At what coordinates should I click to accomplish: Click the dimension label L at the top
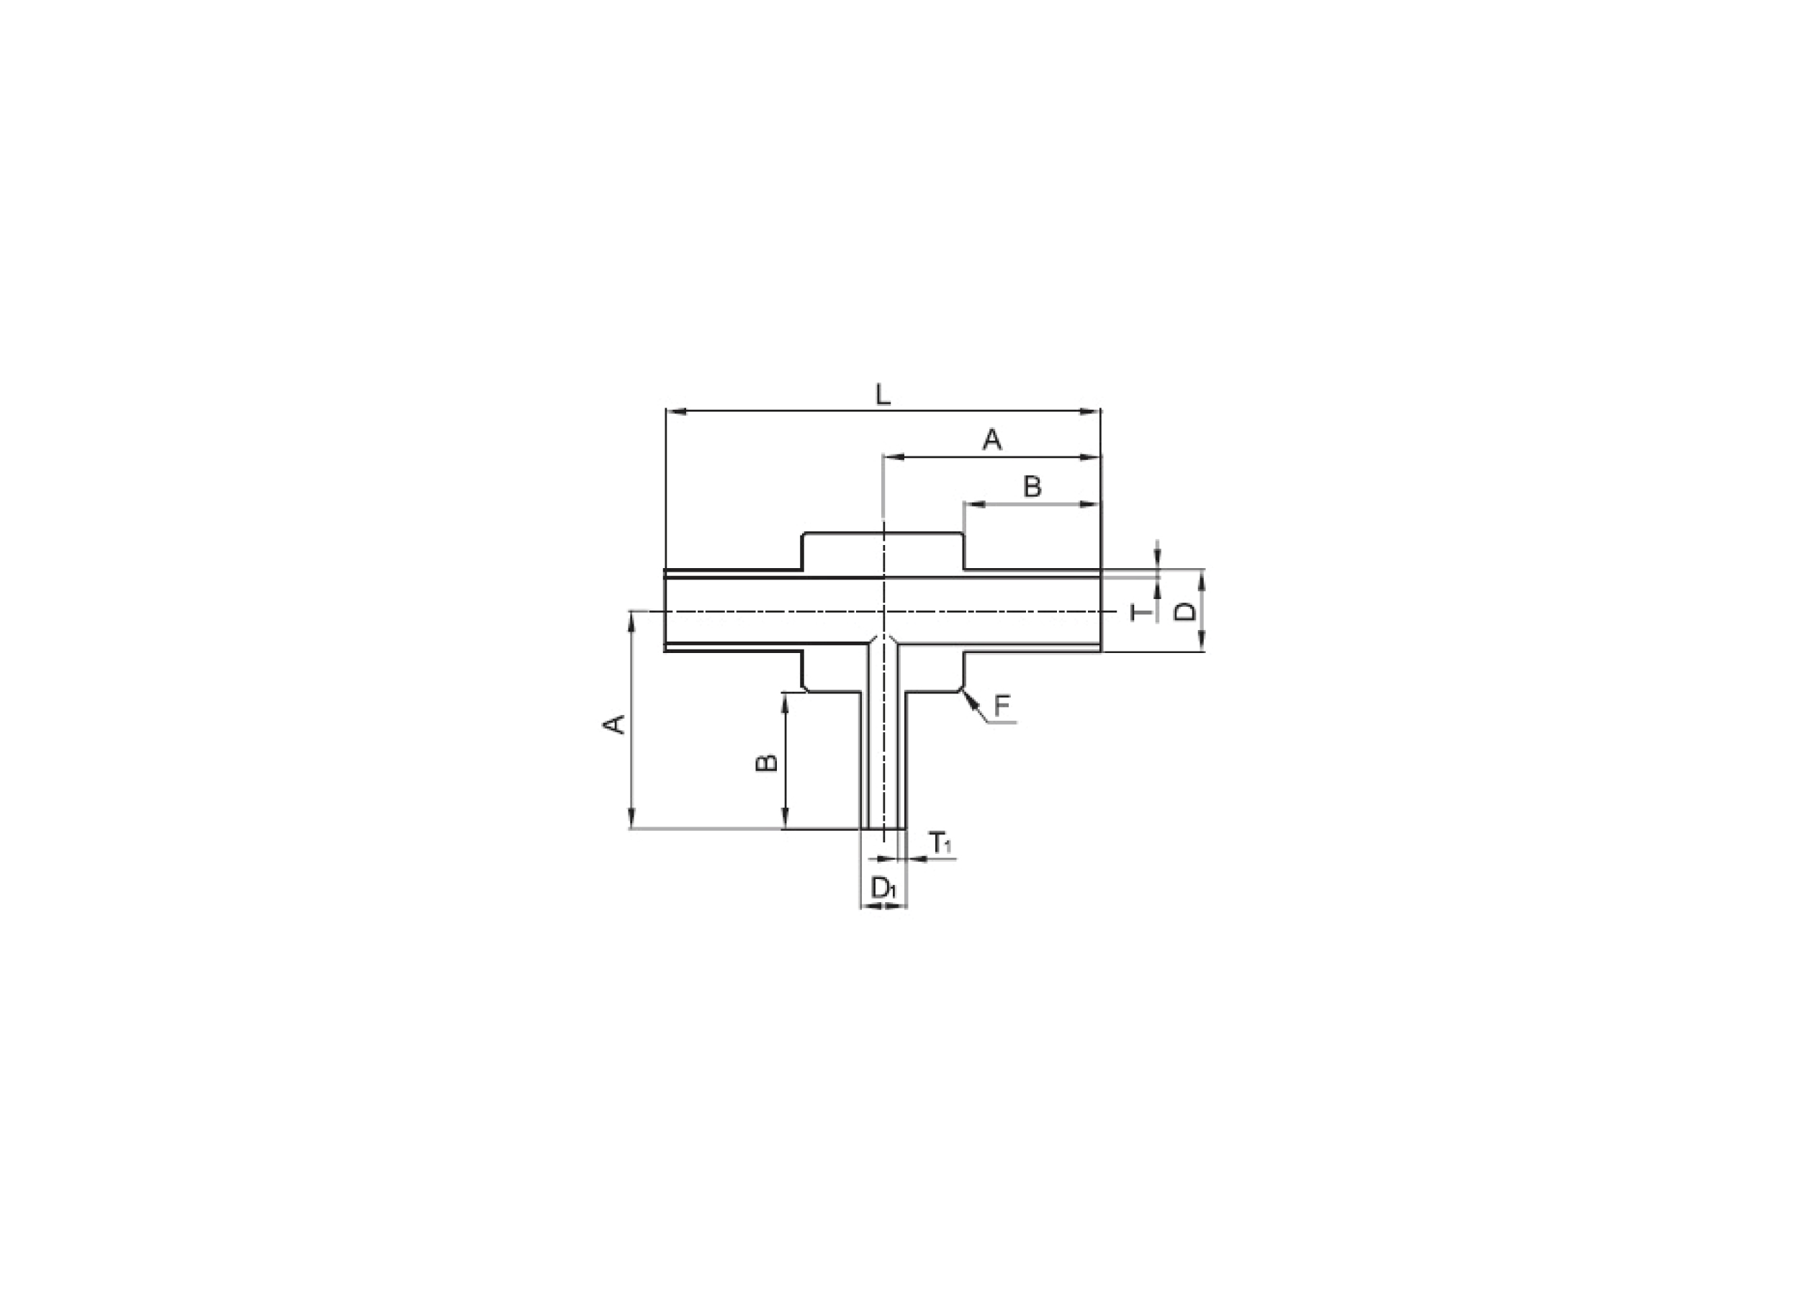click(x=883, y=395)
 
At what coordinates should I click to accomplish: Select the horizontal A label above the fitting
click(x=992, y=440)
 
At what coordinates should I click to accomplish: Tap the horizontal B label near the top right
click(x=1032, y=487)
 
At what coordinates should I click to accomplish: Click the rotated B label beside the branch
click(x=767, y=763)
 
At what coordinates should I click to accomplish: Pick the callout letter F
click(x=1002, y=706)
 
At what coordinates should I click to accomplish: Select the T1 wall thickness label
click(x=940, y=843)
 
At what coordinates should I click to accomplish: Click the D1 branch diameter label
click(x=883, y=888)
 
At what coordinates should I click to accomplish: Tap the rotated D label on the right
click(x=1186, y=611)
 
